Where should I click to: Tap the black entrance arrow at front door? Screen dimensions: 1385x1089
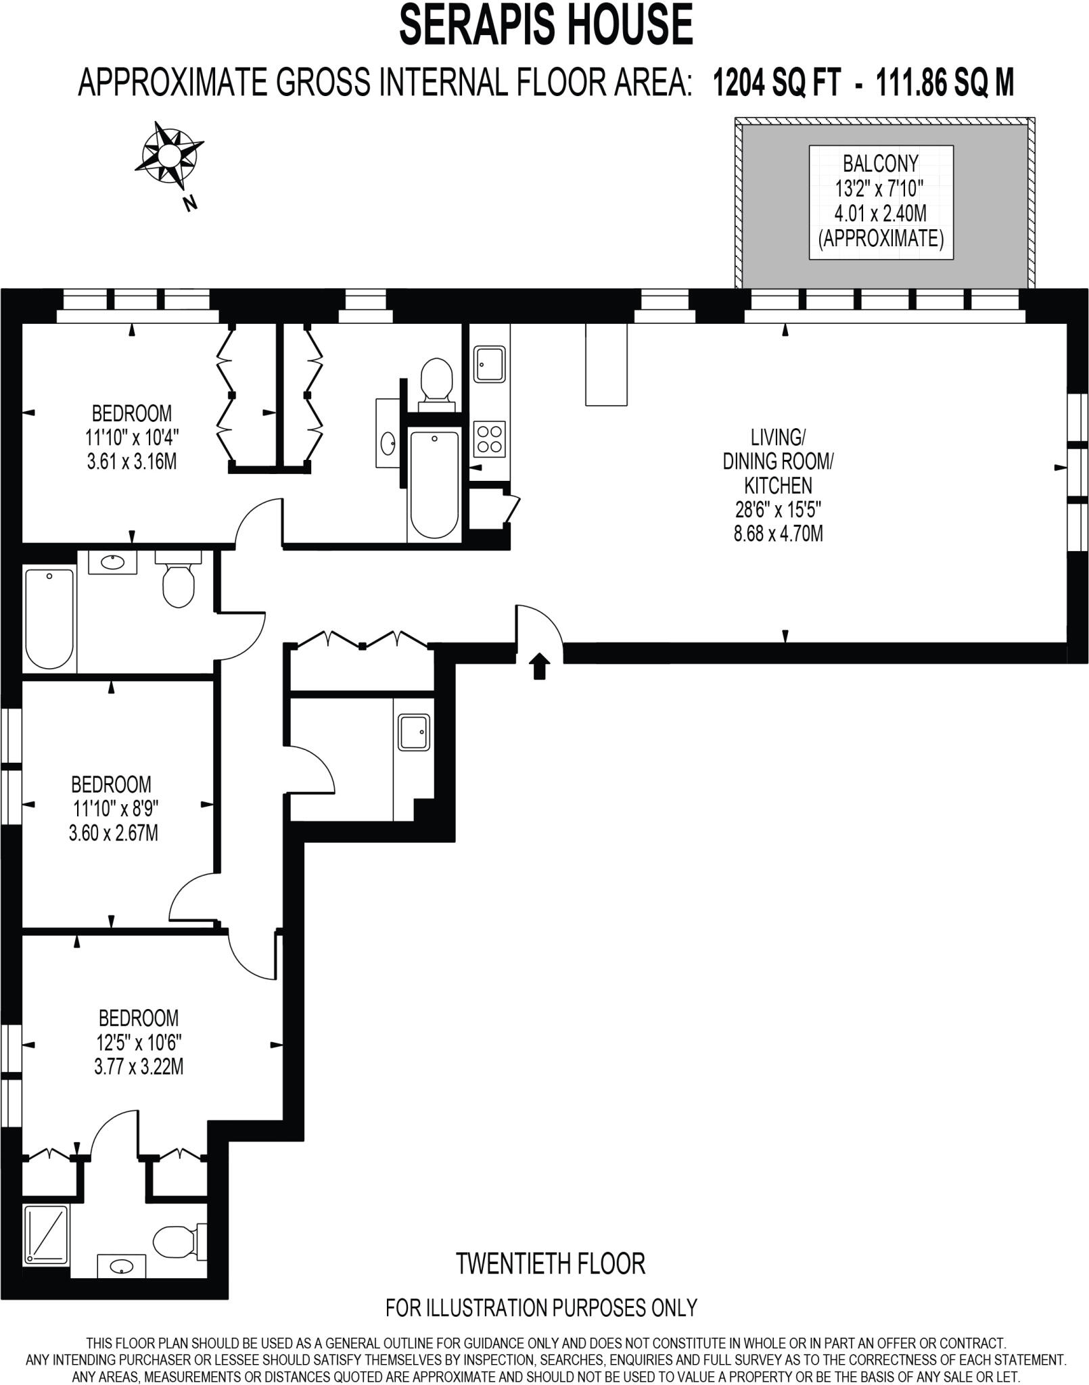(x=538, y=665)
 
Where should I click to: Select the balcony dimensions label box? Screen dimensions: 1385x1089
(x=881, y=202)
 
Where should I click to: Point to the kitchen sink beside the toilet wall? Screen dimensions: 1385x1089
(x=488, y=365)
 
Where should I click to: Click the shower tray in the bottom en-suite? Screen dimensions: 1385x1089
(x=47, y=1236)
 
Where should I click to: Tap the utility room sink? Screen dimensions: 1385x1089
(x=413, y=732)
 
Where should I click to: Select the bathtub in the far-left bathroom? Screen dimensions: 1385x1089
(x=49, y=617)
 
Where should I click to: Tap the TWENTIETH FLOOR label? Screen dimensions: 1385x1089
(x=551, y=1263)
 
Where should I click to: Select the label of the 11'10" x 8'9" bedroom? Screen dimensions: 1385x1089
(x=112, y=809)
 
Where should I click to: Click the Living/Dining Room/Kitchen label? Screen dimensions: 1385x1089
(x=778, y=484)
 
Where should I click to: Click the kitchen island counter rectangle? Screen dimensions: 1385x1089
(x=607, y=365)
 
